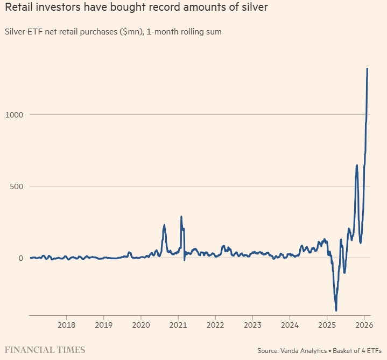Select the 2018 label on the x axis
click(x=66, y=325)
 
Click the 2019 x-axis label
click(x=103, y=325)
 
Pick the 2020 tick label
click(x=140, y=325)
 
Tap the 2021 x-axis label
click(x=178, y=325)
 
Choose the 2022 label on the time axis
click(x=215, y=325)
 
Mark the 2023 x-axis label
click(x=252, y=325)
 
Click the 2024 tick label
click(x=290, y=325)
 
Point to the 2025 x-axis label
click(x=327, y=325)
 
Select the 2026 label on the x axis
click(x=364, y=325)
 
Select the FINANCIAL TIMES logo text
click(x=45, y=350)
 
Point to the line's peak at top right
click(x=367, y=68)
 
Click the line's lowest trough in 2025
click(x=336, y=310)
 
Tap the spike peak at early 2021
click(x=181, y=217)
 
